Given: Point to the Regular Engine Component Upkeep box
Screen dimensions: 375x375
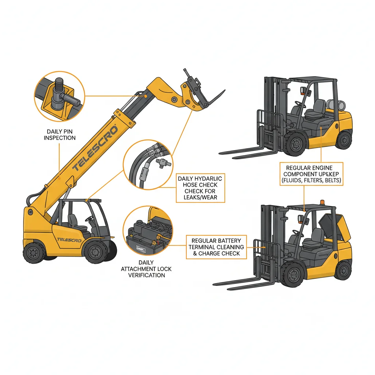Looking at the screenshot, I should [312, 173].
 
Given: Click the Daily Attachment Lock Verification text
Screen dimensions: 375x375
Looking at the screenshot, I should [146, 268].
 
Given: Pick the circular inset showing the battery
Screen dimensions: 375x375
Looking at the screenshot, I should [147, 230].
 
